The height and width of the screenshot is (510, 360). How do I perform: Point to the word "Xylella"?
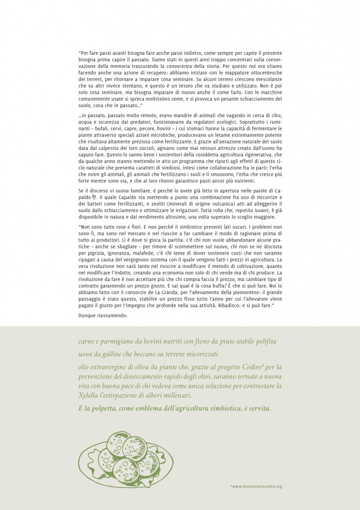click(90, 395)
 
